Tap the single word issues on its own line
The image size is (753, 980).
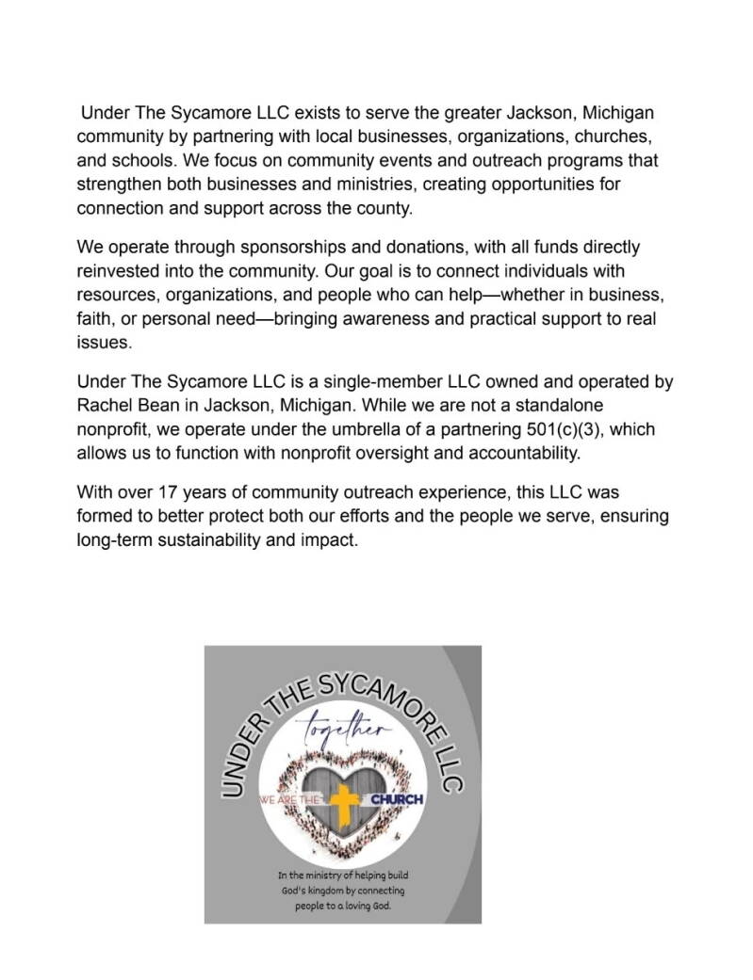[104, 343]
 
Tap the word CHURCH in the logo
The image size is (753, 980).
[397, 800]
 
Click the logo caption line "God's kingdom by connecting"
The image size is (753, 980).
[342, 890]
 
